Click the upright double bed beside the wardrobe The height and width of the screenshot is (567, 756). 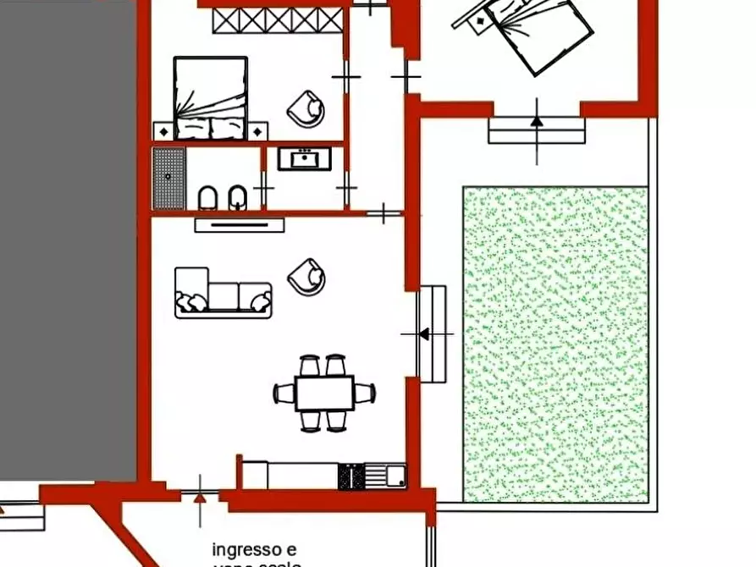coord(211,96)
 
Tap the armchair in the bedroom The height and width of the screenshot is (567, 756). coord(306,108)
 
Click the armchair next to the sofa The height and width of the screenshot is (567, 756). coord(306,276)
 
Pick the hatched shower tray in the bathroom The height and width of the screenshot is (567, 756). coord(168,178)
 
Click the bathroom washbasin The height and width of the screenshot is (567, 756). coord(304,158)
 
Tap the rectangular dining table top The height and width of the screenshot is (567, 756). coord(324,393)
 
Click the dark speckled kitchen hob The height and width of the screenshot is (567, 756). coord(350,476)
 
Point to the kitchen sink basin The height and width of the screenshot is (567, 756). coord(395,476)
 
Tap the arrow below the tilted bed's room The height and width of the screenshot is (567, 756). coord(537,121)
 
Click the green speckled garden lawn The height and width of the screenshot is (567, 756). coord(555,343)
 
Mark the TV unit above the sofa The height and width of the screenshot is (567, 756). coord(240,225)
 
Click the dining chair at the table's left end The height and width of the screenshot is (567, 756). coord(282,394)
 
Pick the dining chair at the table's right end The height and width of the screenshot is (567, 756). coord(366,393)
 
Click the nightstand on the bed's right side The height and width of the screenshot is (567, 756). coord(258,131)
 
